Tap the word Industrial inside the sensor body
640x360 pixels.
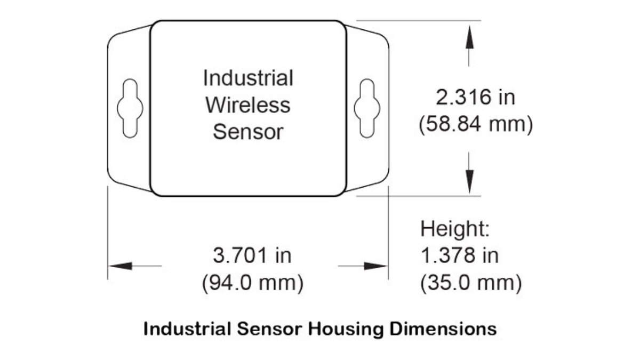[248, 78]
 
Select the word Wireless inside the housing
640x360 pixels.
[248, 105]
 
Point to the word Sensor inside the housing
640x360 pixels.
[248, 132]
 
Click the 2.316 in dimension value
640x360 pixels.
[475, 97]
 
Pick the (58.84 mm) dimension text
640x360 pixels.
[476, 124]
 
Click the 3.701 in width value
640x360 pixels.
[252, 255]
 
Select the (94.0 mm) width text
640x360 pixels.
[253, 283]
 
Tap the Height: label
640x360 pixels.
[455, 229]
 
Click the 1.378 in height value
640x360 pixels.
[460, 255]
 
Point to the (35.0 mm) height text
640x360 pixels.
[471, 283]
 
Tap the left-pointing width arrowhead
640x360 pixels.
[121, 266]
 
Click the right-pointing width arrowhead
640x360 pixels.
[375, 266]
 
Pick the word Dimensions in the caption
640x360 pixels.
[443, 329]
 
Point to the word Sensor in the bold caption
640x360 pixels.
[269, 329]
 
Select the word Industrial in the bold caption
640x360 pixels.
[187, 329]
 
